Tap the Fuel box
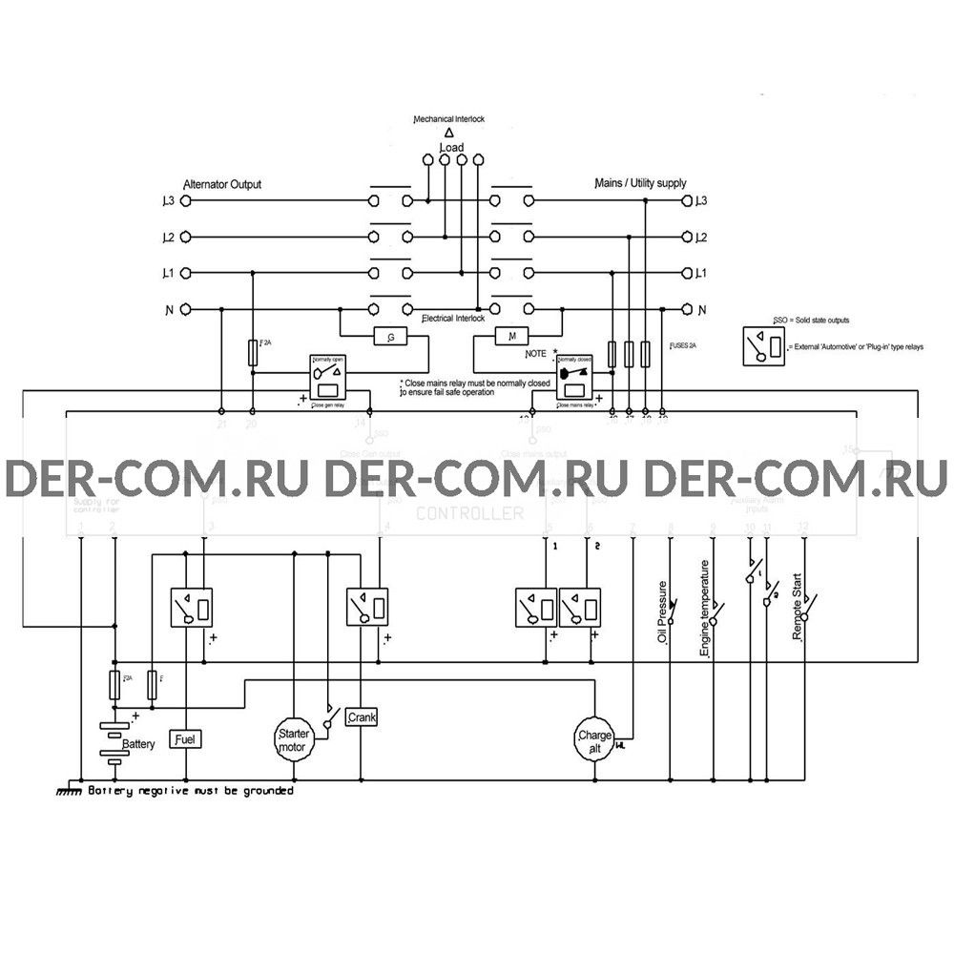185,738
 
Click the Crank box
363,716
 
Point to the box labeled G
390,337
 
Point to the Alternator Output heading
221,184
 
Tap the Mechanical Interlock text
449,119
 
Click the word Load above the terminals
452,149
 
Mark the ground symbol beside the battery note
69,792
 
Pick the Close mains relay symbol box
574,381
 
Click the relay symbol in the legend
766,345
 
